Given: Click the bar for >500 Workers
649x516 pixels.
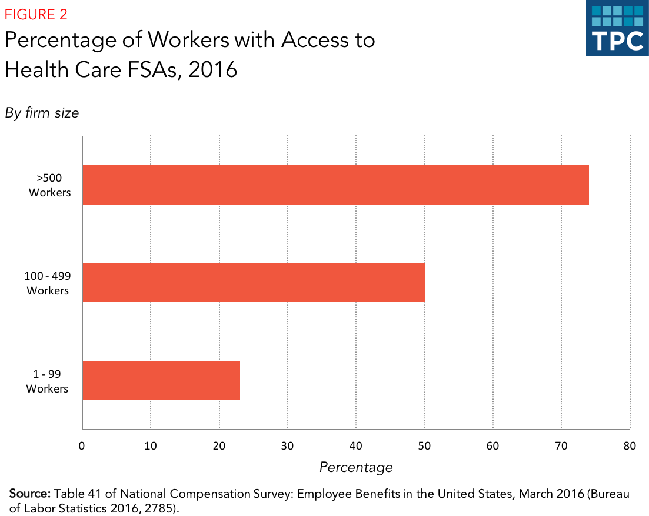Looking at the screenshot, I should click(335, 185).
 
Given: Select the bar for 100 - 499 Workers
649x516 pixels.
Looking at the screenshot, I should click(253, 283).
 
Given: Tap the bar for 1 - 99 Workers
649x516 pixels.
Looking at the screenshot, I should click(161, 381).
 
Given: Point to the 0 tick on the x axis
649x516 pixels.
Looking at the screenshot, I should click(82, 445).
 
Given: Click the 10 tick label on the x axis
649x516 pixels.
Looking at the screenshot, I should click(151, 445).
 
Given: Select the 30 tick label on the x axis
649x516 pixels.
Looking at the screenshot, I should click(288, 445).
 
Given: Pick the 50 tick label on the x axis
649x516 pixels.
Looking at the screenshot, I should click(424, 445).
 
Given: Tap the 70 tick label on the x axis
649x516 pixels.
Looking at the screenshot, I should click(561, 445).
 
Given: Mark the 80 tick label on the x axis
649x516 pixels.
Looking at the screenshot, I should click(630, 445).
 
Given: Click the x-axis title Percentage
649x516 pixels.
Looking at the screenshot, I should click(356, 467).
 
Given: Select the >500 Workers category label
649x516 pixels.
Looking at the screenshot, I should click(50, 185).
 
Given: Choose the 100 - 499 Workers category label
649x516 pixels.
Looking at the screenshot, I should click(48, 283).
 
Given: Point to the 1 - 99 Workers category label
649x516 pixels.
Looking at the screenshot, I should click(48, 381).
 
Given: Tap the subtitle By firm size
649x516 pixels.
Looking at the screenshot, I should click(42, 113).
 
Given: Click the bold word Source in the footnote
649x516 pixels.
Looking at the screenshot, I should click(31, 493).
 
